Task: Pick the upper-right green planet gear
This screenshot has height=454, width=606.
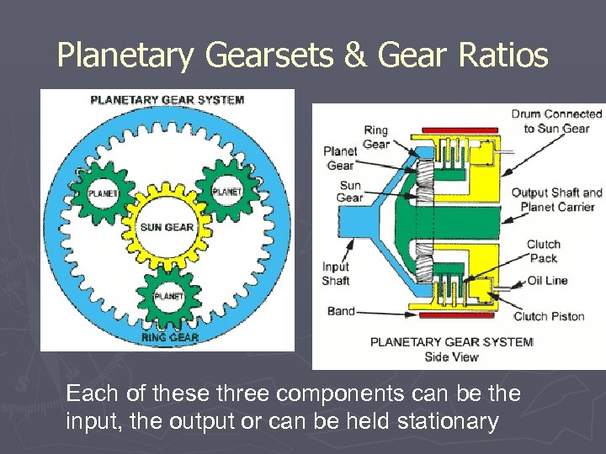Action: (x=226, y=191)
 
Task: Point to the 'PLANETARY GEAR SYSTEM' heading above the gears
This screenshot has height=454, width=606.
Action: (x=167, y=99)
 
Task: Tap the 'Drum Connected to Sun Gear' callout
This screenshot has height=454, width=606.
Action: (x=556, y=121)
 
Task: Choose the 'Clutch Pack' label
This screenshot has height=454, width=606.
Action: (x=543, y=251)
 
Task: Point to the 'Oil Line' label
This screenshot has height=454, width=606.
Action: (x=547, y=280)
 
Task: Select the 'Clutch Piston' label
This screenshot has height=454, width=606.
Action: (x=549, y=316)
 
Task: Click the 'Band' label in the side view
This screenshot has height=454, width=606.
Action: (x=341, y=311)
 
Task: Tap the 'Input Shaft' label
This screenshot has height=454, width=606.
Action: (x=335, y=273)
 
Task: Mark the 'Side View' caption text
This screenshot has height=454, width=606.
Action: (x=451, y=356)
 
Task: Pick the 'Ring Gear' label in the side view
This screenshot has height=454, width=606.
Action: (x=375, y=137)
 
